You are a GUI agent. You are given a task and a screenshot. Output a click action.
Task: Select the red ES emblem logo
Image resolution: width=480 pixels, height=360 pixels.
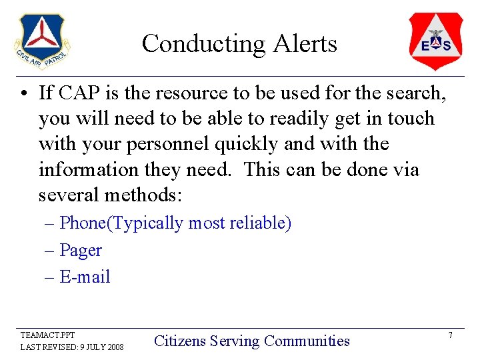[x=435, y=41]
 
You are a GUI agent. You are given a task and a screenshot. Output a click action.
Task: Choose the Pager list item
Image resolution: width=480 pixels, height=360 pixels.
[x=81, y=250]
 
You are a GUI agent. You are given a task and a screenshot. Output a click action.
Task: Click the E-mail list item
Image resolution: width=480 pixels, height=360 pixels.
[x=85, y=277]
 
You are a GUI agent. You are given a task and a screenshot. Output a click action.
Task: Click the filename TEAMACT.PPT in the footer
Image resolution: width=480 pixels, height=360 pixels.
[x=47, y=335]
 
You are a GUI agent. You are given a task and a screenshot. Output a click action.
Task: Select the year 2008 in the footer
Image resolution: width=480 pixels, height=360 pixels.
[x=114, y=347]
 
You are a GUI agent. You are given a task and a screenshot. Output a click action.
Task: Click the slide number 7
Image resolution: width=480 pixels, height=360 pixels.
[x=450, y=335]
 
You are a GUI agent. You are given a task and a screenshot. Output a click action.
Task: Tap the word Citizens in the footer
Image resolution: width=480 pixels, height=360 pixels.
[x=180, y=341]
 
